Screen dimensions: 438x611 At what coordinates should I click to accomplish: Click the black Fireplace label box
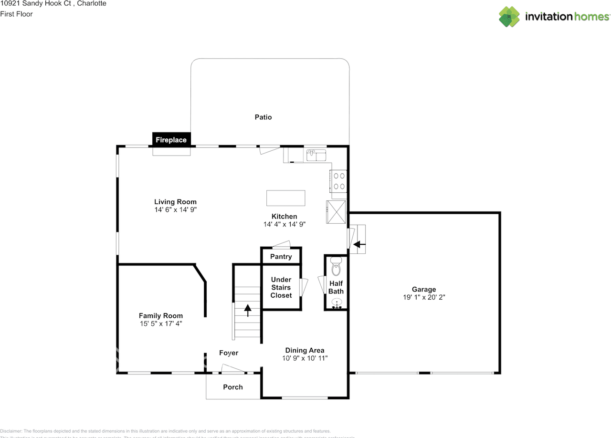(171, 139)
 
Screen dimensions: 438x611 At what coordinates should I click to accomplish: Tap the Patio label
(263, 117)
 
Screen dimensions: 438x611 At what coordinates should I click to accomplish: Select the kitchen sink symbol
(316, 155)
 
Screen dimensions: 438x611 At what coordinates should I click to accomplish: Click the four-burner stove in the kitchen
(339, 181)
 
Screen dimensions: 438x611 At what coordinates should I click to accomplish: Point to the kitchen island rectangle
(285, 198)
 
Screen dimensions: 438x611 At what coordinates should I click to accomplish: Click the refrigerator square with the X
(337, 211)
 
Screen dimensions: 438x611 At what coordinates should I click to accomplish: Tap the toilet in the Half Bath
(337, 269)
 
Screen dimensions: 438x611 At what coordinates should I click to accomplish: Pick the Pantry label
(281, 257)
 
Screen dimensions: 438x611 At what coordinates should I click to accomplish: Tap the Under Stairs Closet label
(281, 288)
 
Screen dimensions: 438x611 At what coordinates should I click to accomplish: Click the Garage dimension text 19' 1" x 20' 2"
(424, 297)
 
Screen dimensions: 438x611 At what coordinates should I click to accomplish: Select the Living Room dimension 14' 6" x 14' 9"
(175, 209)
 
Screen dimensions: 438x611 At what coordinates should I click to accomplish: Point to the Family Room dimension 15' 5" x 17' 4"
(160, 323)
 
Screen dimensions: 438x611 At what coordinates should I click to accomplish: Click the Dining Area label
(305, 350)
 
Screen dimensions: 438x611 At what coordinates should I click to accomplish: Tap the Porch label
(233, 387)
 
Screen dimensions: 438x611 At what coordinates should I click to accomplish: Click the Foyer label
(229, 353)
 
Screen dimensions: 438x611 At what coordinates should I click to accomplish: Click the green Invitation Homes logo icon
(509, 17)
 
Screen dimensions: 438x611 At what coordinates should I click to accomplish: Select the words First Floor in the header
(16, 14)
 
